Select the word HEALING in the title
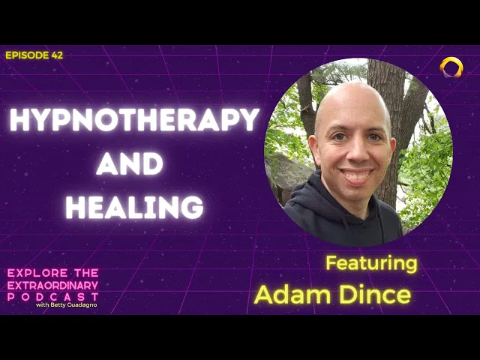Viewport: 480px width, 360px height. click(135, 206)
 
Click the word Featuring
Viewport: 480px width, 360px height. click(371, 263)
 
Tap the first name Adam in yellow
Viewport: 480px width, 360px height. click(289, 294)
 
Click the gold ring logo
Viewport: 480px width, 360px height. click(451, 67)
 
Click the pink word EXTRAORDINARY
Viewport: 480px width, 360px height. click(52, 285)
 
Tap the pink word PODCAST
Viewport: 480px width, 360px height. click(52, 297)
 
